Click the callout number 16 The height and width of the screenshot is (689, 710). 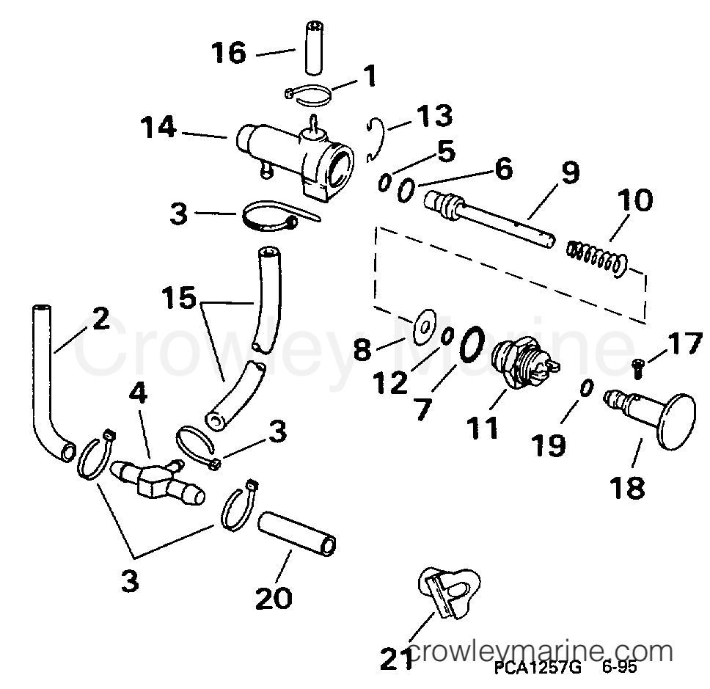click(229, 53)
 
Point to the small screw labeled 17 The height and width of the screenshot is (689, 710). click(638, 368)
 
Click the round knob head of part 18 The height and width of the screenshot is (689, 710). click(675, 421)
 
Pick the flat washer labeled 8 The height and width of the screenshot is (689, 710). click(424, 326)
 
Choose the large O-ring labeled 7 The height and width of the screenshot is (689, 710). click(472, 345)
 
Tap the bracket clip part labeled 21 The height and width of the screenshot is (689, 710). click(448, 591)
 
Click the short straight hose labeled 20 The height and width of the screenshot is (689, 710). click(296, 533)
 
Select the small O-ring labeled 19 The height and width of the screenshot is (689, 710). click(586, 388)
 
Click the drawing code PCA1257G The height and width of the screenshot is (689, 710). click(537, 668)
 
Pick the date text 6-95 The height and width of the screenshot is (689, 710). click(619, 668)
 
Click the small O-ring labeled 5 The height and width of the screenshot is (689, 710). click(384, 183)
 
